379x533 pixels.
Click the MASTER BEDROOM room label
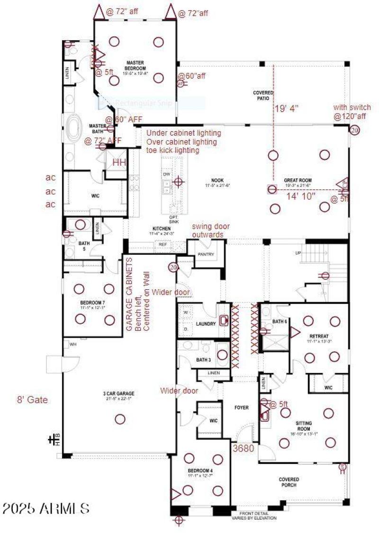(x=135, y=65)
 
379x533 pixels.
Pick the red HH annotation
(x=119, y=162)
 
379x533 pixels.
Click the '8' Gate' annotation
(x=32, y=400)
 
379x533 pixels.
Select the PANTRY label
(x=206, y=255)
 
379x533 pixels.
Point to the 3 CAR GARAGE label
(x=119, y=393)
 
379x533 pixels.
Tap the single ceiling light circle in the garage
(x=120, y=419)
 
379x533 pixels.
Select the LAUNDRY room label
(x=206, y=324)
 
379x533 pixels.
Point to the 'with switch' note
(x=352, y=107)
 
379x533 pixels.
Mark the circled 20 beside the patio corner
(x=354, y=130)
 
